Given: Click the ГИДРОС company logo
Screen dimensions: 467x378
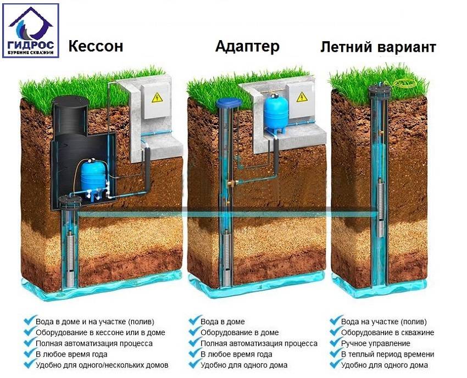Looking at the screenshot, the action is click(x=31, y=30).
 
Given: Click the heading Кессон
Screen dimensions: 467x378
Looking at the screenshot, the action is click(x=96, y=46).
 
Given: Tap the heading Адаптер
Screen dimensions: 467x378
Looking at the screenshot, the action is click(x=247, y=47).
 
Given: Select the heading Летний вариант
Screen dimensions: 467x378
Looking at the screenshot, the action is click(x=378, y=47).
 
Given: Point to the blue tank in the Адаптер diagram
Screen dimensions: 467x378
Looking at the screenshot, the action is click(x=276, y=112).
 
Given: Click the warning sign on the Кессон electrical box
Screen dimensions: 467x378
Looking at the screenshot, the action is click(x=157, y=97).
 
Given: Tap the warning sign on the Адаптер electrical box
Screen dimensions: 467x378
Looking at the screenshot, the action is click(x=302, y=97).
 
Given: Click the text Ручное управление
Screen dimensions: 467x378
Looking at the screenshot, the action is click(x=376, y=343).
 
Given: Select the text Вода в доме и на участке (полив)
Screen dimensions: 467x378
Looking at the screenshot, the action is click(x=95, y=322).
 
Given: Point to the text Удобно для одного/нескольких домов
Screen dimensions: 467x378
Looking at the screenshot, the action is click(x=102, y=365).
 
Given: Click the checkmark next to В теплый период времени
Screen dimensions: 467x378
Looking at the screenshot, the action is click(x=335, y=354).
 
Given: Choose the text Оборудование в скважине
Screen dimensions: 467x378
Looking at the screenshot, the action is click(x=387, y=332).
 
